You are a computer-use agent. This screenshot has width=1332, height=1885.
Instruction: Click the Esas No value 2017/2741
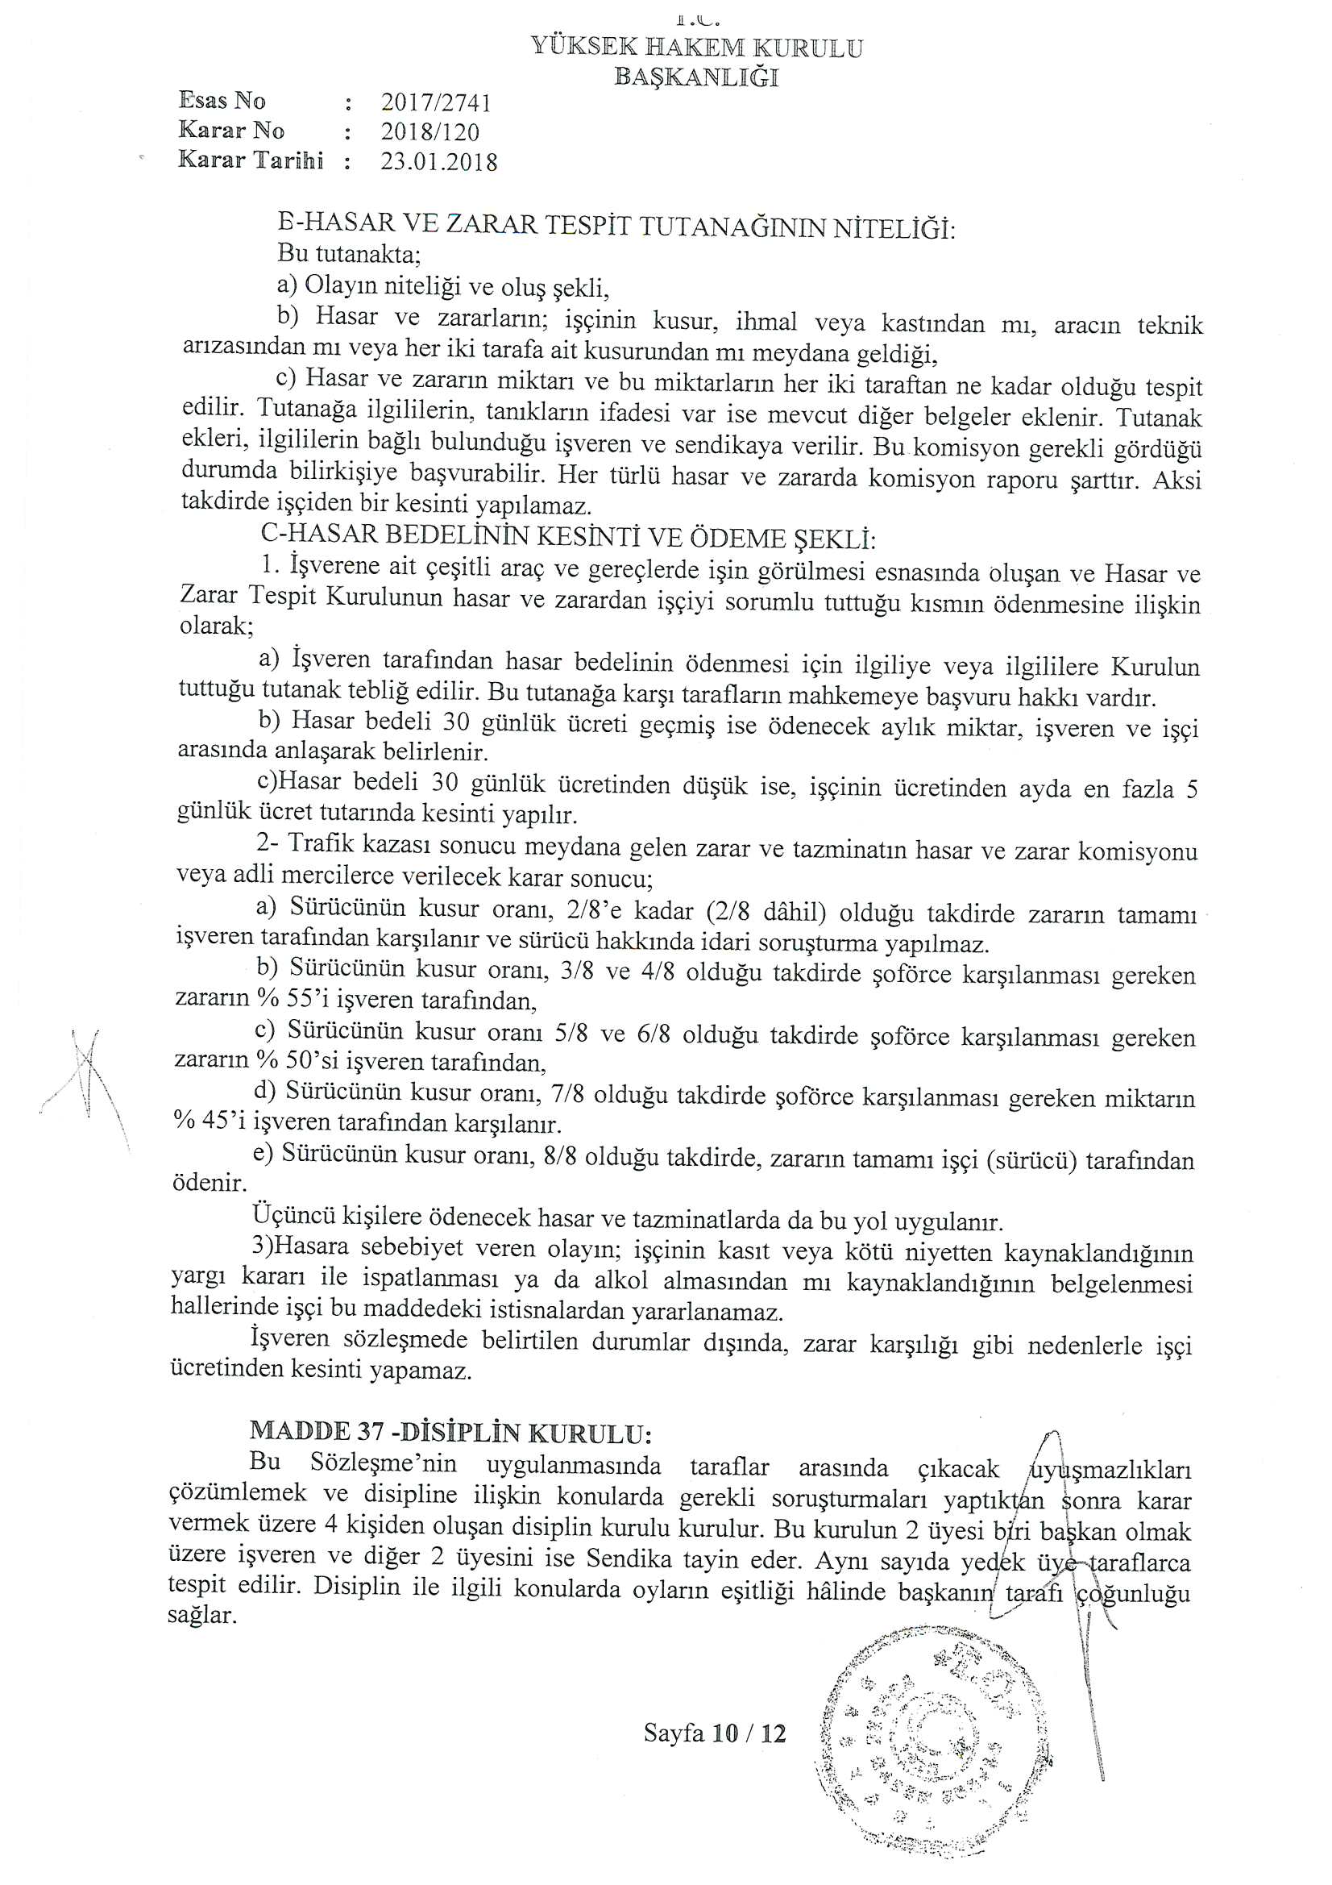pyautogui.click(x=436, y=102)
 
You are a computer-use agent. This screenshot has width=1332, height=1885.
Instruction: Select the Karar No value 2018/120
pyautogui.click(x=430, y=132)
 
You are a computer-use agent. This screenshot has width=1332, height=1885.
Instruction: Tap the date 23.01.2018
pyautogui.click(x=439, y=161)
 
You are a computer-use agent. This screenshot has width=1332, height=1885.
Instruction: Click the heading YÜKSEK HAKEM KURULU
pyautogui.click(x=697, y=48)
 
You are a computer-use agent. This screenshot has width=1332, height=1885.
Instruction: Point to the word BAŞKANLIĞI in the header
pyautogui.click(x=697, y=77)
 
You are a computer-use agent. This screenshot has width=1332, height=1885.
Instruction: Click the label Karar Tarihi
pyautogui.click(x=251, y=160)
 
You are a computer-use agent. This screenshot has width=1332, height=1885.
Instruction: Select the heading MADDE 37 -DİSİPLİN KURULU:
pyautogui.click(x=450, y=1433)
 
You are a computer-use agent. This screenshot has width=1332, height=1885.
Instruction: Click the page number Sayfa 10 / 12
pyautogui.click(x=715, y=1734)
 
